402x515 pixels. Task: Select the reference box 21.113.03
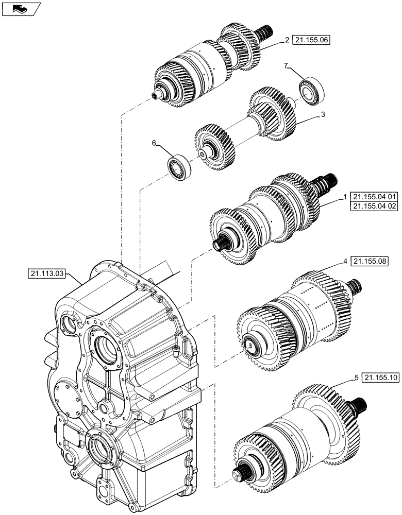tap(46, 274)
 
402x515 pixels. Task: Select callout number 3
tap(322, 115)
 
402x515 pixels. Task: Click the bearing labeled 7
tap(311, 91)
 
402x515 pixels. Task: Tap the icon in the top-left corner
tap(21, 9)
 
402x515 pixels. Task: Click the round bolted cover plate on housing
tap(66, 400)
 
